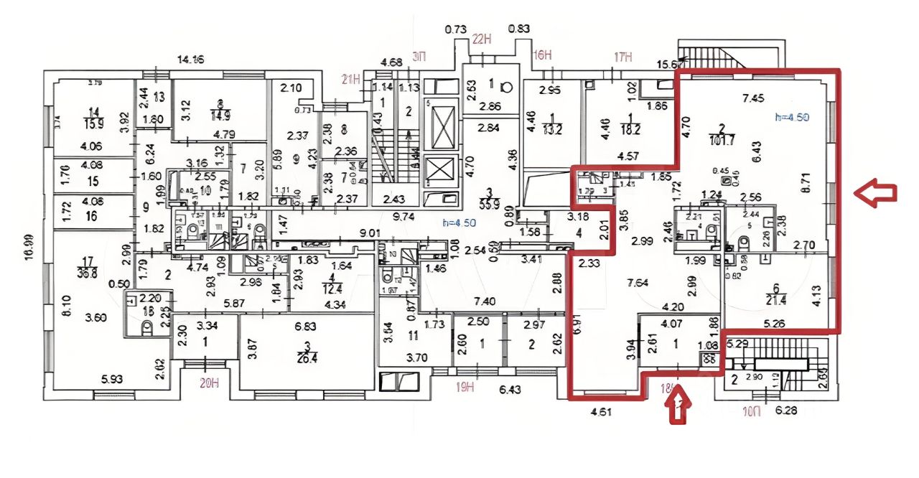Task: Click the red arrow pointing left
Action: pyautogui.click(x=875, y=193)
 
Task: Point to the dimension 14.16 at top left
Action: pyautogui.click(x=190, y=60)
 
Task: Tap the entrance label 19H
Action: pyautogui.click(x=466, y=388)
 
